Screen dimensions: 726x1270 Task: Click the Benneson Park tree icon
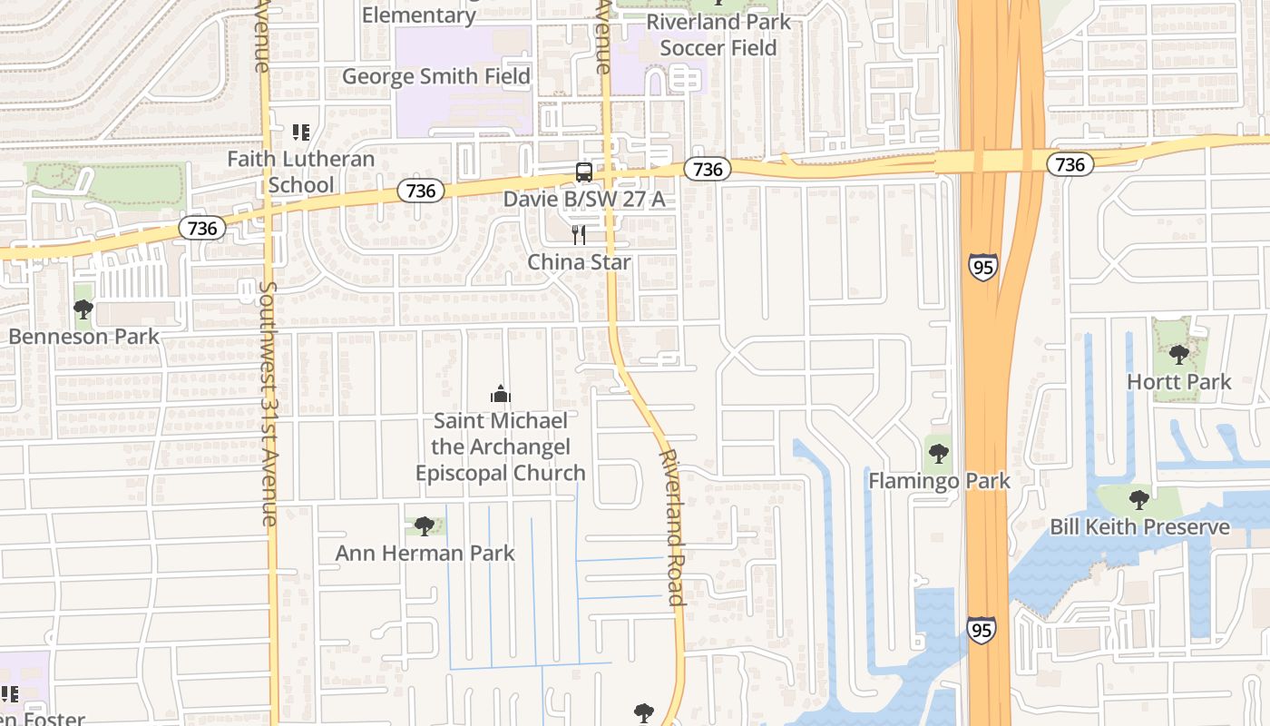83,309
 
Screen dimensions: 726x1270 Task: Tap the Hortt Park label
1178,382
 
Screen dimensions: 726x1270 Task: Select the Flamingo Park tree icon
938,453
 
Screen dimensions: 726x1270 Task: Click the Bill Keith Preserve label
1139,527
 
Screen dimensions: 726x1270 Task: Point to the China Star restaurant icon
579,235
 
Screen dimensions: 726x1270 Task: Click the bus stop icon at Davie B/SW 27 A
584,172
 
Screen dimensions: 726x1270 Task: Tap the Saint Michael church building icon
500,394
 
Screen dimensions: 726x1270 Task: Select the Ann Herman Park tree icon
424,526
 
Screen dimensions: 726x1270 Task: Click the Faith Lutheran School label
300,172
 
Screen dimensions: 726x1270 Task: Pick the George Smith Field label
435,76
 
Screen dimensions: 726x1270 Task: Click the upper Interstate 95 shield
982,266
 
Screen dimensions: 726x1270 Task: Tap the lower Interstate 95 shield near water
980,629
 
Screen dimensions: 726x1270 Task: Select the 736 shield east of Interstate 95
1070,164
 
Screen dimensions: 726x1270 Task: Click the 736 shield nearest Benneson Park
202,228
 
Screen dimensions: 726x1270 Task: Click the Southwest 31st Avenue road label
269,404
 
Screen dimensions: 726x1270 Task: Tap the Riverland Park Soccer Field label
718,34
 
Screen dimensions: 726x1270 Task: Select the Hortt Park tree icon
1178,355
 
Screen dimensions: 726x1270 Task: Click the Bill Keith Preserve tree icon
1138,500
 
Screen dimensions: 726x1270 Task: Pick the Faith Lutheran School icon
301,133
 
